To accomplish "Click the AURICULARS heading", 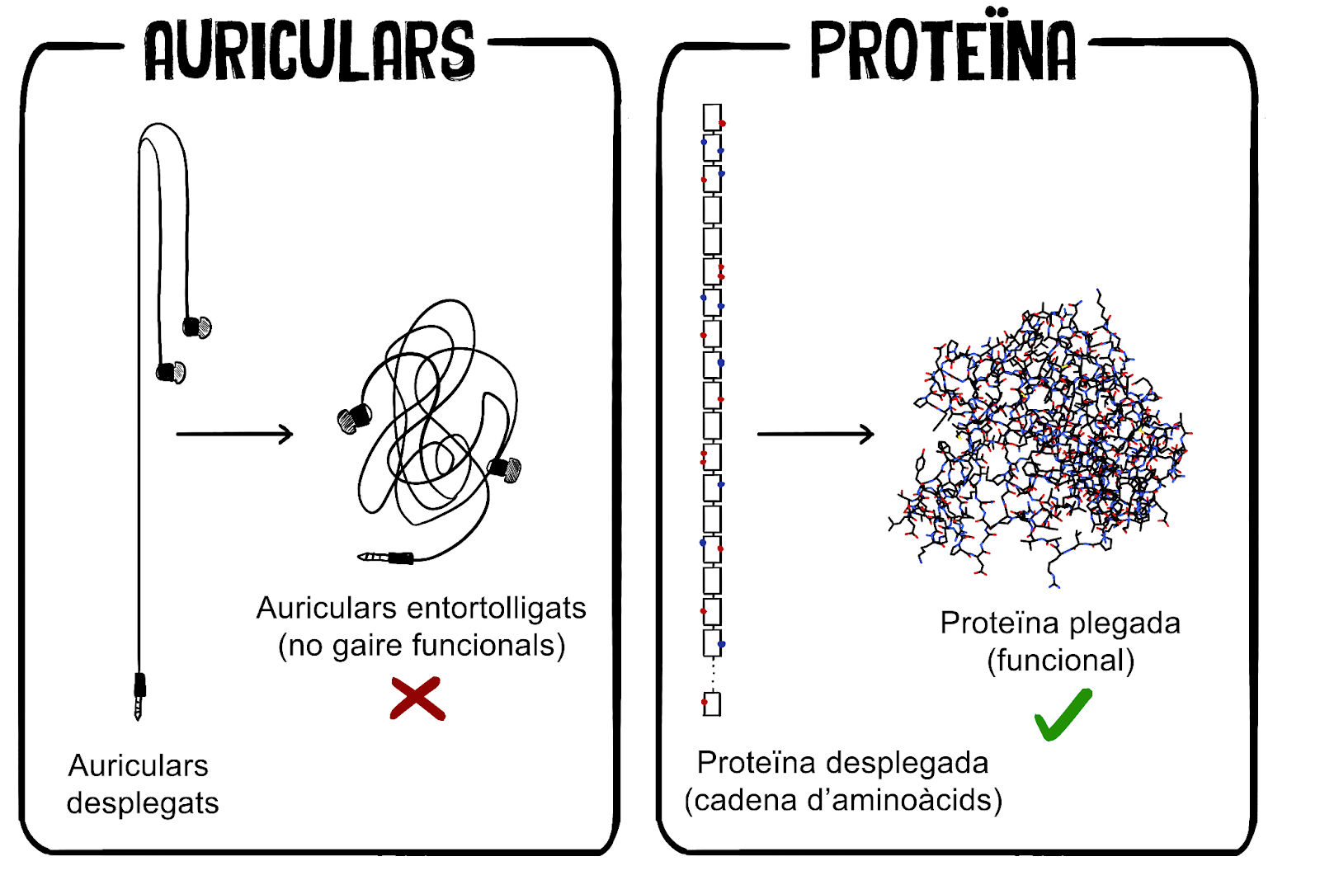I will (309, 51).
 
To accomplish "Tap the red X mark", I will (417, 699).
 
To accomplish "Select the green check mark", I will (1063, 714).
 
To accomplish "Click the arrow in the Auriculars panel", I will (234, 434).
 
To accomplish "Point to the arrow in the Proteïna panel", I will (815, 434).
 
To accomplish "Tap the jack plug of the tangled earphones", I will (388, 558).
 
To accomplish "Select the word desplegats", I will (143, 802).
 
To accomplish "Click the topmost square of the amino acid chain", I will (712, 116).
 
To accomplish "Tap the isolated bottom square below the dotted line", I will (712, 704).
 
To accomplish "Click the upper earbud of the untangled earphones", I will (197, 327).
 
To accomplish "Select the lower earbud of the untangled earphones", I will (172, 372).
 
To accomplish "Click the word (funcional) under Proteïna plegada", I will (1061, 661).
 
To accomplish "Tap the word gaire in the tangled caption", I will (368, 646).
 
